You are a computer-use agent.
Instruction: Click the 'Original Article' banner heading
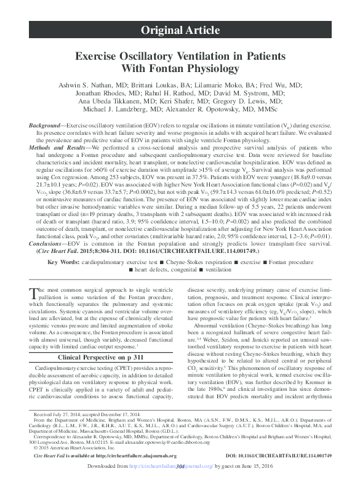tap(180, 29)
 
